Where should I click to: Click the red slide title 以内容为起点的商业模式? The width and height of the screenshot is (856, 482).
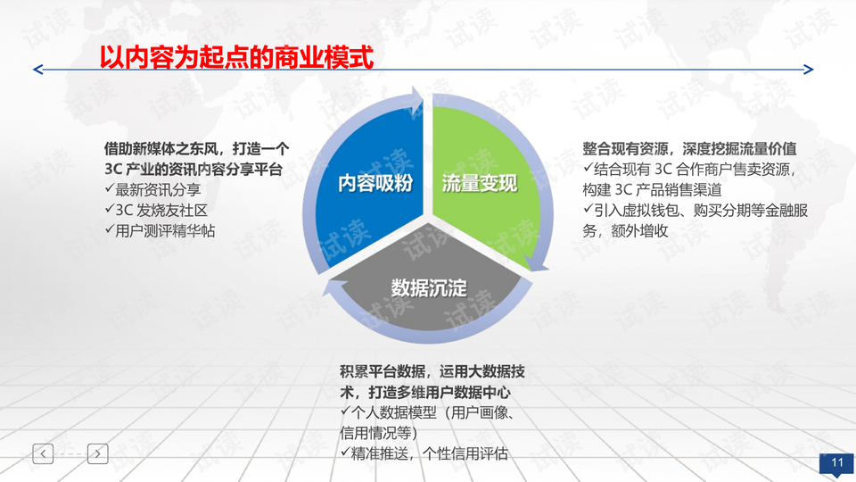click(x=236, y=57)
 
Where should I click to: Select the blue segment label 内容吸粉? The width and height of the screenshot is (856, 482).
click(x=375, y=183)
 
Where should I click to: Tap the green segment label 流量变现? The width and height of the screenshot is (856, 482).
click(x=480, y=183)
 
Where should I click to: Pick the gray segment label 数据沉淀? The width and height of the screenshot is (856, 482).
click(x=429, y=287)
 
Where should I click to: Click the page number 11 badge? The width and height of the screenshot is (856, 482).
click(x=837, y=463)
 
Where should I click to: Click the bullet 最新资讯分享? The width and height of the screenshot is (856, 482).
click(x=152, y=189)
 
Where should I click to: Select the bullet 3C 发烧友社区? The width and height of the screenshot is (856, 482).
click(x=156, y=211)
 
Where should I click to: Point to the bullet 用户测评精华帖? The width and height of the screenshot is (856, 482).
click(x=160, y=230)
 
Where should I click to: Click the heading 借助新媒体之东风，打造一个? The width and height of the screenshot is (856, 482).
click(x=196, y=149)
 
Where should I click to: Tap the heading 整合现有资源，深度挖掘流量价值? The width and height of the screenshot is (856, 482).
click(x=689, y=149)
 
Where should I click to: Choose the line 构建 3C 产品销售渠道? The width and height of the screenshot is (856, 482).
click(x=652, y=189)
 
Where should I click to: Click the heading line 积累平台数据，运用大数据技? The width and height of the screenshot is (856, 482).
click(x=432, y=371)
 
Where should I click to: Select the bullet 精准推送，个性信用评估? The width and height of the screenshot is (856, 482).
click(x=424, y=453)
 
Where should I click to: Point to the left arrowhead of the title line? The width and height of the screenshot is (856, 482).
click(x=38, y=70)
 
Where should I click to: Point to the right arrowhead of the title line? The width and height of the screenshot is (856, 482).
click(x=809, y=70)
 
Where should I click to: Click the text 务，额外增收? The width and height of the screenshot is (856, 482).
click(x=625, y=230)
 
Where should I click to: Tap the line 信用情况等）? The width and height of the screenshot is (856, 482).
click(x=378, y=433)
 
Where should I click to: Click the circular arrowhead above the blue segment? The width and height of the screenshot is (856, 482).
click(x=416, y=101)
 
